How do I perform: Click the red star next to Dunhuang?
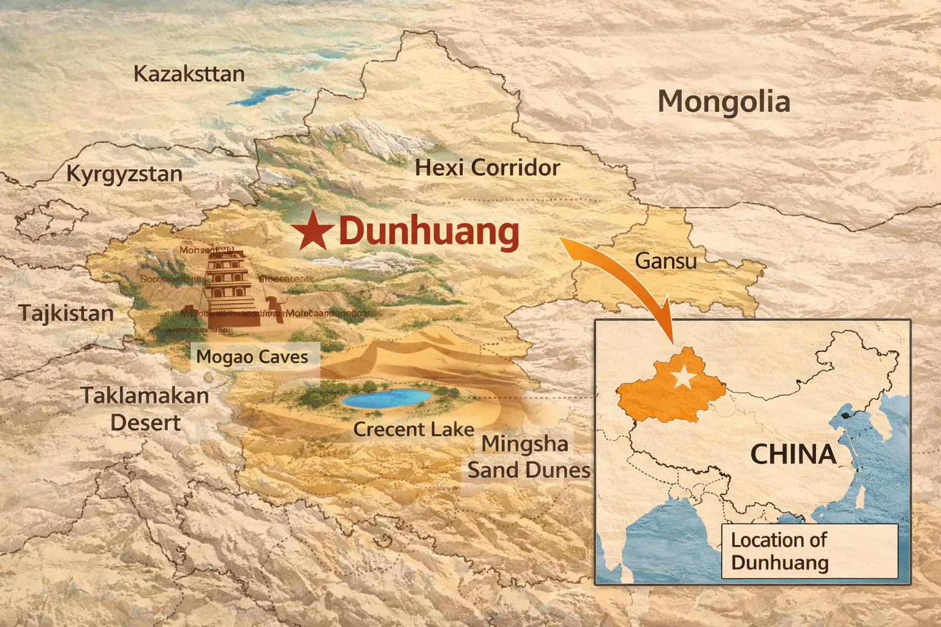312,231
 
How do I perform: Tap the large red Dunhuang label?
428,232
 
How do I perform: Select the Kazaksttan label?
189,74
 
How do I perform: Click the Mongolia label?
724,102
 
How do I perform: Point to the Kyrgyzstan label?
124,174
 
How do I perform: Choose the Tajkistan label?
66,313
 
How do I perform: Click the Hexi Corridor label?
488,168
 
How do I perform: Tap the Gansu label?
665,261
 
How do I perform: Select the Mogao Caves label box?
252,356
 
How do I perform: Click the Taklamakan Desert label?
145,408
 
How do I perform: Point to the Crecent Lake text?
414,429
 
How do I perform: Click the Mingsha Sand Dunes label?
528,457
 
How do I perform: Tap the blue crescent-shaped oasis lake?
385,398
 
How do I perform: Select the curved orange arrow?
631,276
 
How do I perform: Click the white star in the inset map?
682,378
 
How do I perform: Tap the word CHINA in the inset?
793,454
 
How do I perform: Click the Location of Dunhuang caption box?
809,551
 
